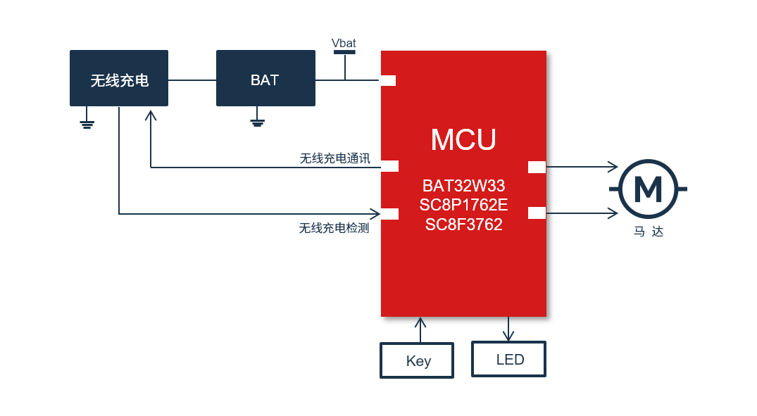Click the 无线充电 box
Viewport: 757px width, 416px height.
(x=119, y=78)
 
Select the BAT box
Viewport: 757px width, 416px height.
(x=265, y=78)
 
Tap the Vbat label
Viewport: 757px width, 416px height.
(x=344, y=44)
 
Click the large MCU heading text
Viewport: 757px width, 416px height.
(x=463, y=139)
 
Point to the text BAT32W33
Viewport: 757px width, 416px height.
(x=463, y=187)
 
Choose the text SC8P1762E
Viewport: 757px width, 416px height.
(x=463, y=206)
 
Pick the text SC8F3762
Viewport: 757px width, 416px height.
(x=463, y=225)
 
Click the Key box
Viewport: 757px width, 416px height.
(x=417, y=360)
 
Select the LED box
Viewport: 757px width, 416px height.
(x=508, y=359)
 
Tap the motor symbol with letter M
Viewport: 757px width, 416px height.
(x=648, y=189)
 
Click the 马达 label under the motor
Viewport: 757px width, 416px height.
(x=648, y=231)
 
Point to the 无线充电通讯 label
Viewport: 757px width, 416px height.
(x=334, y=158)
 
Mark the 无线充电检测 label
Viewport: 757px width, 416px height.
(x=334, y=228)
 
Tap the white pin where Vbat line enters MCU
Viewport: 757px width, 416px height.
(x=388, y=80)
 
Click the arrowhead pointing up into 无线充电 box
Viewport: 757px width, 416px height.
(x=151, y=114)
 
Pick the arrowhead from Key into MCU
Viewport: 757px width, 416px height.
(x=420, y=322)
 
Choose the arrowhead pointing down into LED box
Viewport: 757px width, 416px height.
(x=508, y=336)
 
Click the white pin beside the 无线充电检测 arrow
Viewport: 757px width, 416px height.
(x=389, y=214)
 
